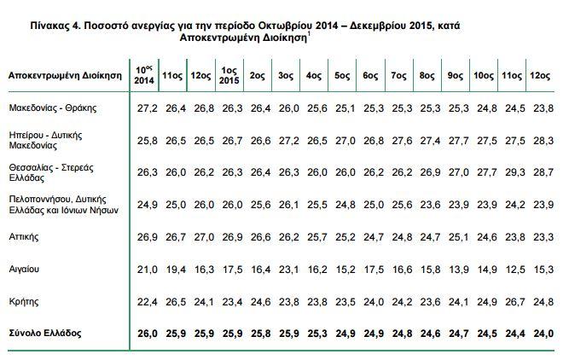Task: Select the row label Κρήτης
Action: (x=22, y=301)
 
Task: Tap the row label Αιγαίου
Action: (x=24, y=269)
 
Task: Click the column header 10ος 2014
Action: (x=145, y=74)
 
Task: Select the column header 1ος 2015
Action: (x=229, y=74)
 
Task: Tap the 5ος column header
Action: (x=343, y=75)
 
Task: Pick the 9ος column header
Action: (x=456, y=75)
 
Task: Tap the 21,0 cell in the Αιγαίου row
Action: (x=146, y=269)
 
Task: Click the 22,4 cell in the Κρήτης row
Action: (x=146, y=301)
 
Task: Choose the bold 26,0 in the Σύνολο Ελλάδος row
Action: (x=146, y=332)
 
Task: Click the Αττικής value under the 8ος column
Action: (x=428, y=236)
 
